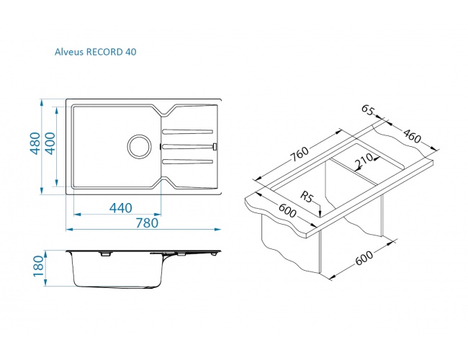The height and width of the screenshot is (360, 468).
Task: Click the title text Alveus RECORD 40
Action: coord(95,52)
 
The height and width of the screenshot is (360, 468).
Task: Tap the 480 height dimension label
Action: coord(36,143)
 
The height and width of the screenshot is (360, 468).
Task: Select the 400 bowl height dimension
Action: coord(50,143)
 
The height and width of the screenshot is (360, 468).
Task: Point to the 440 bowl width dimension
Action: coord(120,208)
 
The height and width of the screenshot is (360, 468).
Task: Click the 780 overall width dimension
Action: coord(147,223)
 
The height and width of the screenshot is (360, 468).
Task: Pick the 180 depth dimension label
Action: coord(38,266)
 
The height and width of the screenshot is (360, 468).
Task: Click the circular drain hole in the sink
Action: coord(140,147)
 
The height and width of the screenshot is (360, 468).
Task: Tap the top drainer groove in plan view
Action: coord(188,131)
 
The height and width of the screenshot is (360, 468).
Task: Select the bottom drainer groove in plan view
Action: coord(188,162)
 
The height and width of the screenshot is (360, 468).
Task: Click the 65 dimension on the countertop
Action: coord(367,110)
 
